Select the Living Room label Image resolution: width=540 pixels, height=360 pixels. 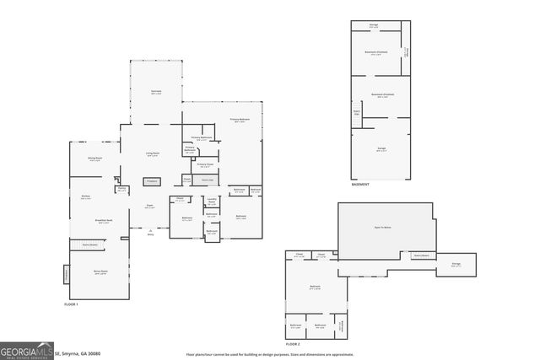pos(153,153)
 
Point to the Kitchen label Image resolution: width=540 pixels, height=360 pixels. pos(85,196)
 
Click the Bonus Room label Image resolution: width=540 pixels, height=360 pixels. pos(100,271)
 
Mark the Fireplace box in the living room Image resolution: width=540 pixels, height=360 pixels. pos(152,180)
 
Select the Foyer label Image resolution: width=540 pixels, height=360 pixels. pos(149,206)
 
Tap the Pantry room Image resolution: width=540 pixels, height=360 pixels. pos(122,190)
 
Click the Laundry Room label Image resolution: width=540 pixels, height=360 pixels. pos(212,201)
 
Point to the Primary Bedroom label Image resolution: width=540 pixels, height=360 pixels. pos(240,121)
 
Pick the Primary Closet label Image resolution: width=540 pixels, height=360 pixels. pos(205,165)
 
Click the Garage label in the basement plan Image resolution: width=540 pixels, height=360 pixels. pos(381,148)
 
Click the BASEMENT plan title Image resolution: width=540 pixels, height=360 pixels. pos(361,184)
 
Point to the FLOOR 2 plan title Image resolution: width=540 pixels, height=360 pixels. pos(293,344)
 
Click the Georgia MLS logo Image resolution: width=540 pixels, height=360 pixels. pos(26,350)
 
